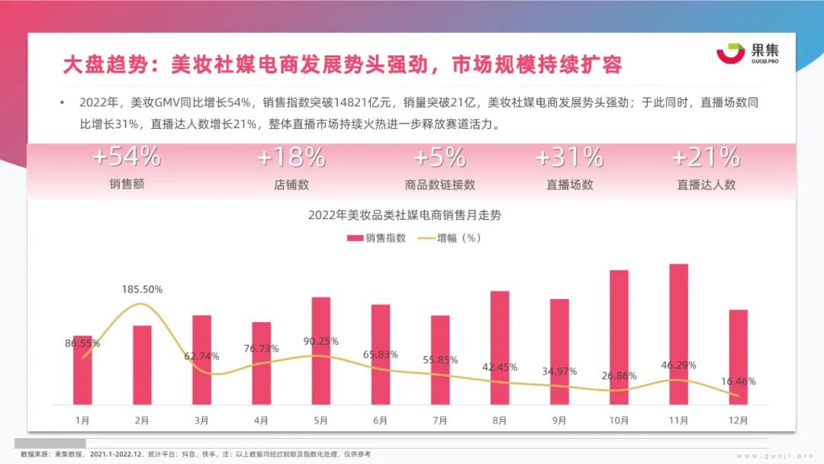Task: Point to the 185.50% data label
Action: (142, 290)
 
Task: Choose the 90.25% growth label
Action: (320, 341)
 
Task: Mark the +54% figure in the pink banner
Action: (127, 157)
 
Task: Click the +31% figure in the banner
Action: (569, 157)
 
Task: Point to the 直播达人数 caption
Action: (707, 184)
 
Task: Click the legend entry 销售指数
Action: (377, 238)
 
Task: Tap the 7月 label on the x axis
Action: (439, 420)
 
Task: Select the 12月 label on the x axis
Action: (738, 420)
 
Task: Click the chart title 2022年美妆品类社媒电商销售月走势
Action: (404, 216)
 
